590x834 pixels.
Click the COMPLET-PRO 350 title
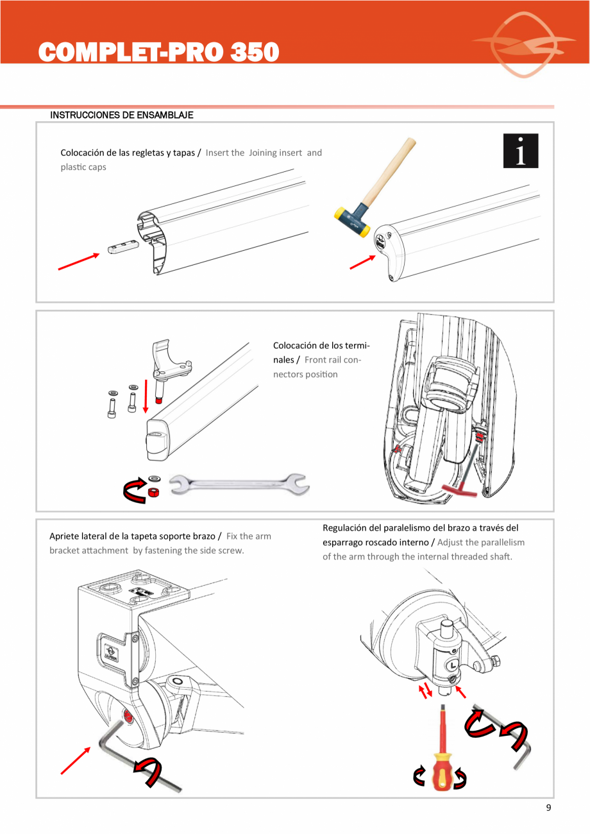159,52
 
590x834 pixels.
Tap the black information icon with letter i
520,151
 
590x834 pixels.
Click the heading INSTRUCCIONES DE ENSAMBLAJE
122,115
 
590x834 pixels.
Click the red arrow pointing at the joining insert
78,262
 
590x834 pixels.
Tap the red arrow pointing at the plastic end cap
362,262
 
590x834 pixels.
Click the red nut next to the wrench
153,493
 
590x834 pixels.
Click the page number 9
548,808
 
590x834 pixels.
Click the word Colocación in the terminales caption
299,345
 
